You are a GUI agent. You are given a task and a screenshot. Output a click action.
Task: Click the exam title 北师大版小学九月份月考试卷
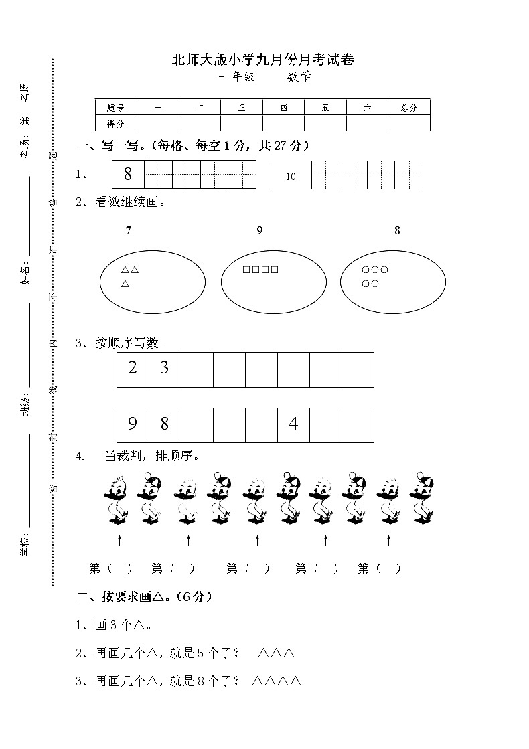pos(263,60)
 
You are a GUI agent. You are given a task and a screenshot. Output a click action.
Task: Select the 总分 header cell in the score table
pos(408,107)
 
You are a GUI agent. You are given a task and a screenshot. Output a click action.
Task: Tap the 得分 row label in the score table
pos(116,123)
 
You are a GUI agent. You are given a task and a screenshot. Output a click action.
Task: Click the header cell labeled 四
pos(284,107)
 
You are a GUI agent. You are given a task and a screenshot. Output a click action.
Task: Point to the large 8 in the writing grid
pos(128,175)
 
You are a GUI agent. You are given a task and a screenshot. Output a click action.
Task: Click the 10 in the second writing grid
pos(291,177)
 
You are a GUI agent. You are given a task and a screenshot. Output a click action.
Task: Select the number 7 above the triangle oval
pos(128,230)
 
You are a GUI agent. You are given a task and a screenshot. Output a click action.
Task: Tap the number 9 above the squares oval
pos(260,230)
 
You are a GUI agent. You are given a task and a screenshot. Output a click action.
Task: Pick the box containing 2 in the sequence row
pos(133,369)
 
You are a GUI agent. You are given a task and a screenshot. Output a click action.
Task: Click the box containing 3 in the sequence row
pos(165,369)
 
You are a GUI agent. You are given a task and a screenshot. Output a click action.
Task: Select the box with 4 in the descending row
pos(293,424)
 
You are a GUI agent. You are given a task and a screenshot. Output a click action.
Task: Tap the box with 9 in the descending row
pos(133,424)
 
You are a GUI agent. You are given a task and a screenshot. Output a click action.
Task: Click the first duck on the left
pos(117,499)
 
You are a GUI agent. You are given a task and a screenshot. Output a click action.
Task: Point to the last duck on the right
pos(423,498)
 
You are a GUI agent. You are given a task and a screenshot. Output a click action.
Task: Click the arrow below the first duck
pos(119,539)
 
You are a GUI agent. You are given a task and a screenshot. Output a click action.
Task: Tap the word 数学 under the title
pos(299,77)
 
